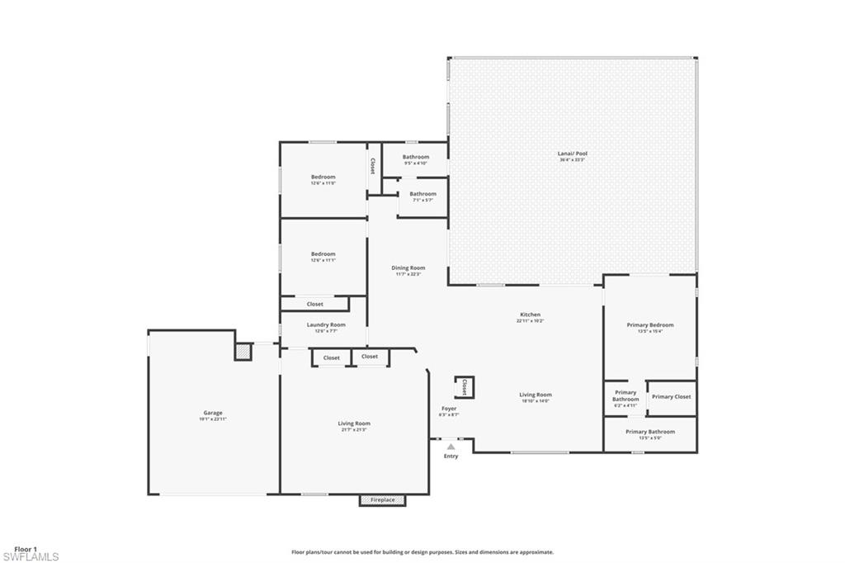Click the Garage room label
[213, 413]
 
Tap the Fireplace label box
[382, 500]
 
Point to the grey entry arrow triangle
[451, 447]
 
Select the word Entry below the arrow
[451, 457]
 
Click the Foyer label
[449, 409]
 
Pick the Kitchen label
[530, 315]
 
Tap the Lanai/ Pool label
[573, 154]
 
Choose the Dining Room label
[408, 267]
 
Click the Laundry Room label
[325, 325]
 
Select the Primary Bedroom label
[650, 325]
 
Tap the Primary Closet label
[671, 397]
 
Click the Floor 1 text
[26, 548]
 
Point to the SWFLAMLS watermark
[31, 557]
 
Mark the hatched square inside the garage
[243, 352]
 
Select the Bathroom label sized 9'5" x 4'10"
[416, 157]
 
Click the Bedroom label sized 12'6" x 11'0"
[323, 177]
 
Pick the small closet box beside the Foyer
[464, 387]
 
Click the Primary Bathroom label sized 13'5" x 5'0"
[649, 432]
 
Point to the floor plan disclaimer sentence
[422, 552]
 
